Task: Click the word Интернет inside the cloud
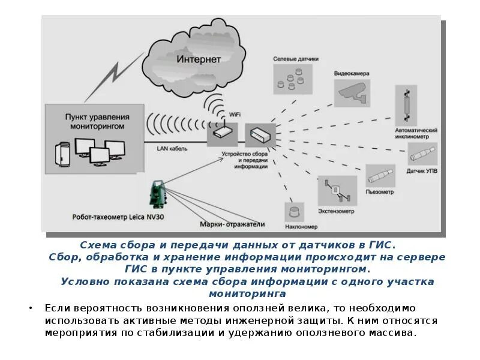point(199,59)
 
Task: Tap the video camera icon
point(352,92)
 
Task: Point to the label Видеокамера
point(352,74)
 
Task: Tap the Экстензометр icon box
point(336,191)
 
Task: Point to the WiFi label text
point(236,113)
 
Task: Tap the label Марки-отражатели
point(232,224)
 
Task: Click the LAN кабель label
point(172,148)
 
